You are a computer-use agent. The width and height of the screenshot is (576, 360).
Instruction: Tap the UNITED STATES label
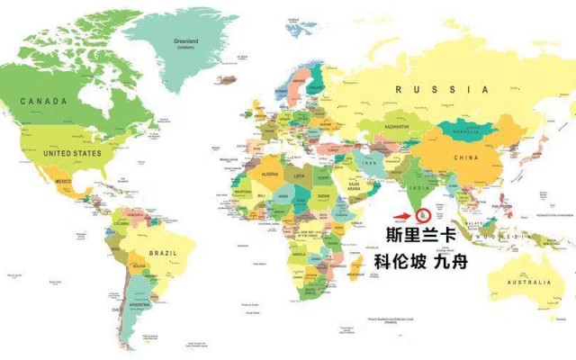[x=74, y=153]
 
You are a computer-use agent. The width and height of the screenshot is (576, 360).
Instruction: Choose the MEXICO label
[x=63, y=183]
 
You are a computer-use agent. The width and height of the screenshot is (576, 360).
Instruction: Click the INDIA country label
[x=416, y=189]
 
